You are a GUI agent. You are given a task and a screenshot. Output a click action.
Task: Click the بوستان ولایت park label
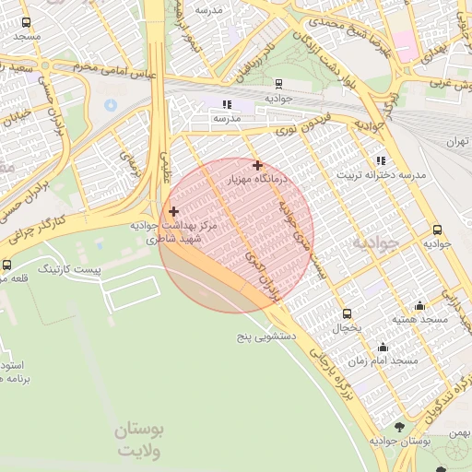[x=140, y=441]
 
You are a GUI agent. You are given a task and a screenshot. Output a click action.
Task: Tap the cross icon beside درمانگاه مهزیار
[x=257, y=166]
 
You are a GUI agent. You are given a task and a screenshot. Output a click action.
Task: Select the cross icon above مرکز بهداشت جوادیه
[x=173, y=212]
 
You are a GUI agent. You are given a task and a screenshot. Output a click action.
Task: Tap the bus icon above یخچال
[x=347, y=313]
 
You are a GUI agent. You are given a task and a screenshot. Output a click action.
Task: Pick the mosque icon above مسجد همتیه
[x=420, y=305]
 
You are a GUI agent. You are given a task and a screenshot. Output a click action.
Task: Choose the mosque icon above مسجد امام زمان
[x=383, y=348]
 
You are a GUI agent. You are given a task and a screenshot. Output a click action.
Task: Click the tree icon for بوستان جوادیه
[x=398, y=427]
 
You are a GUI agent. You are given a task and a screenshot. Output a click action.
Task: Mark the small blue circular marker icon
[x=111, y=102]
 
